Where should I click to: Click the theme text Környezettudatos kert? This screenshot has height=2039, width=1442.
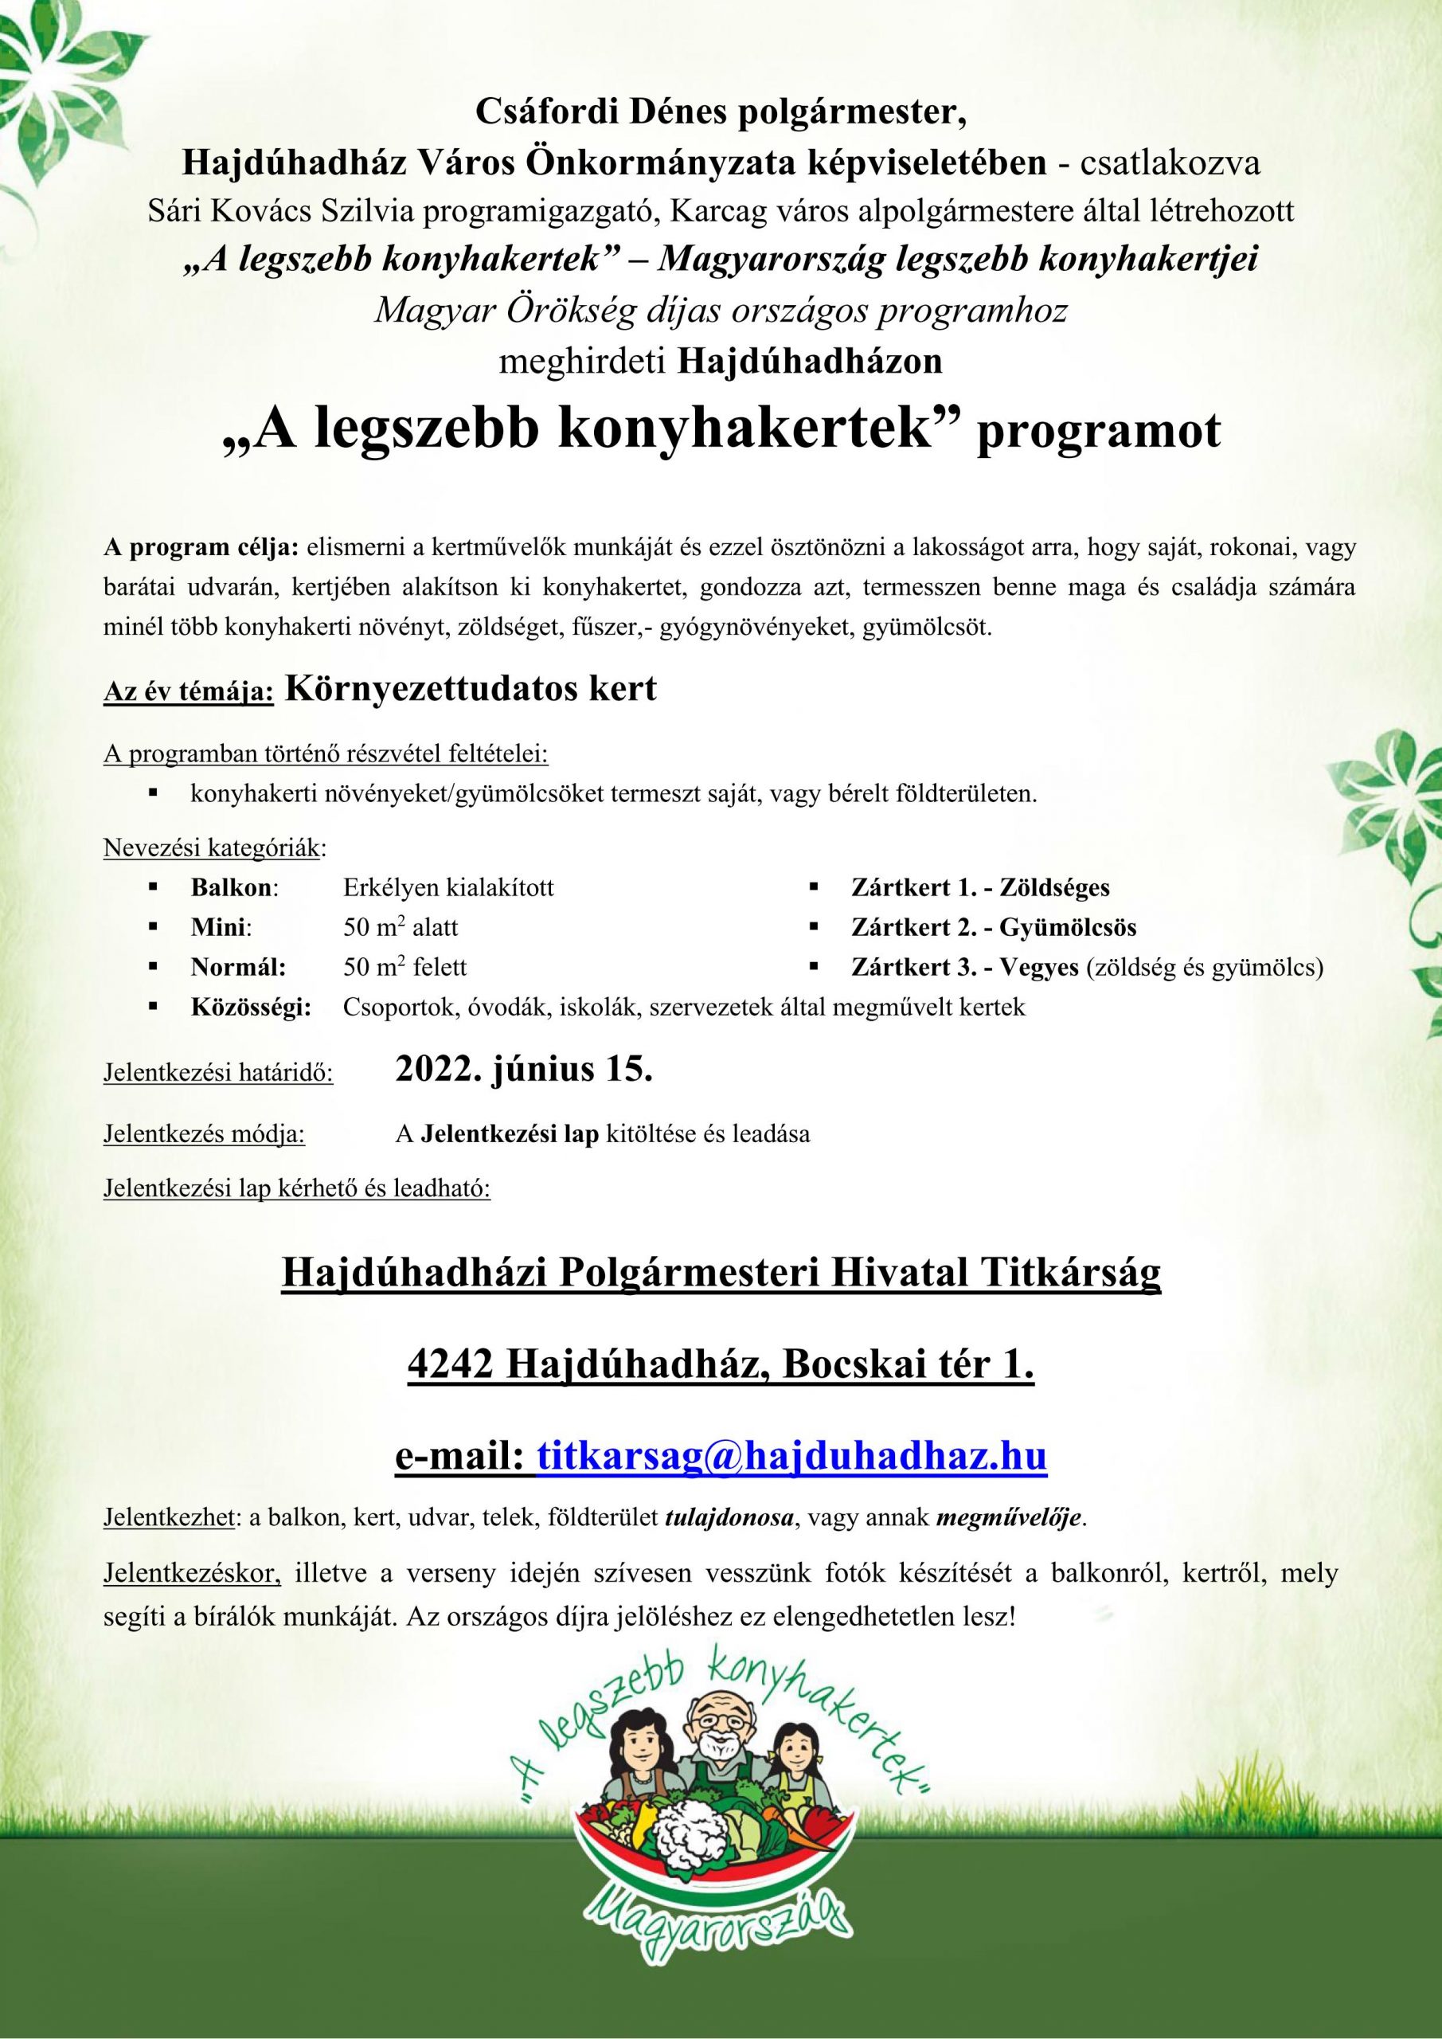(471, 688)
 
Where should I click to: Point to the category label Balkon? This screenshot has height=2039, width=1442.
(233, 887)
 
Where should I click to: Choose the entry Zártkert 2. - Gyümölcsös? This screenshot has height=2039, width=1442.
(994, 928)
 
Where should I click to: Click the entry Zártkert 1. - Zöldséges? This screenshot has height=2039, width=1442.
(980, 887)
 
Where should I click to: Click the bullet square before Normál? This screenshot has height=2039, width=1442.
(154, 966)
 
